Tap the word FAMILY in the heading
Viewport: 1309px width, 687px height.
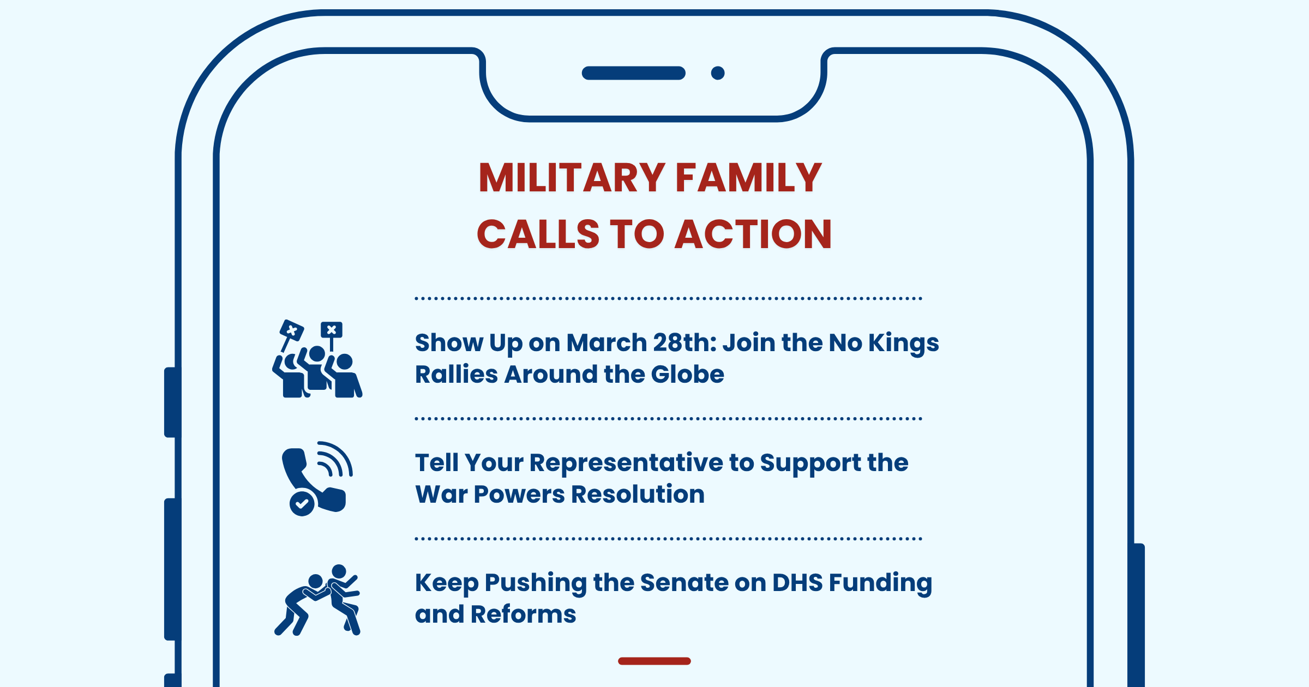tap(749, 178)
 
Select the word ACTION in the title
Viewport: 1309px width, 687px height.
tap(754, 234)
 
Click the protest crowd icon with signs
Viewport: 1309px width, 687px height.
tap(317, 359)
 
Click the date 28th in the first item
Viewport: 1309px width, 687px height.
tap(684, 342)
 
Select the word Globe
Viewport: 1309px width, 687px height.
tap(687, 374)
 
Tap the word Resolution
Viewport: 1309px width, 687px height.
tap(638, 494)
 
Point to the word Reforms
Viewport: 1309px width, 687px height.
tap(523, 614)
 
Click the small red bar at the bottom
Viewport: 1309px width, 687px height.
tap(654, 661)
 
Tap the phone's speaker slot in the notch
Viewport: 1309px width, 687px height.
tap(634, 73)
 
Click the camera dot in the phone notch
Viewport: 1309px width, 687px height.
tap(718, 73)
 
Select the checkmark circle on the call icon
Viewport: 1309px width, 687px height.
tap(302, 503)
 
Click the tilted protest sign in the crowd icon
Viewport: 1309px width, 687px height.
tap(291, 330)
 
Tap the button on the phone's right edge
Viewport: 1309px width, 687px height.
tap(1139, 615)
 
